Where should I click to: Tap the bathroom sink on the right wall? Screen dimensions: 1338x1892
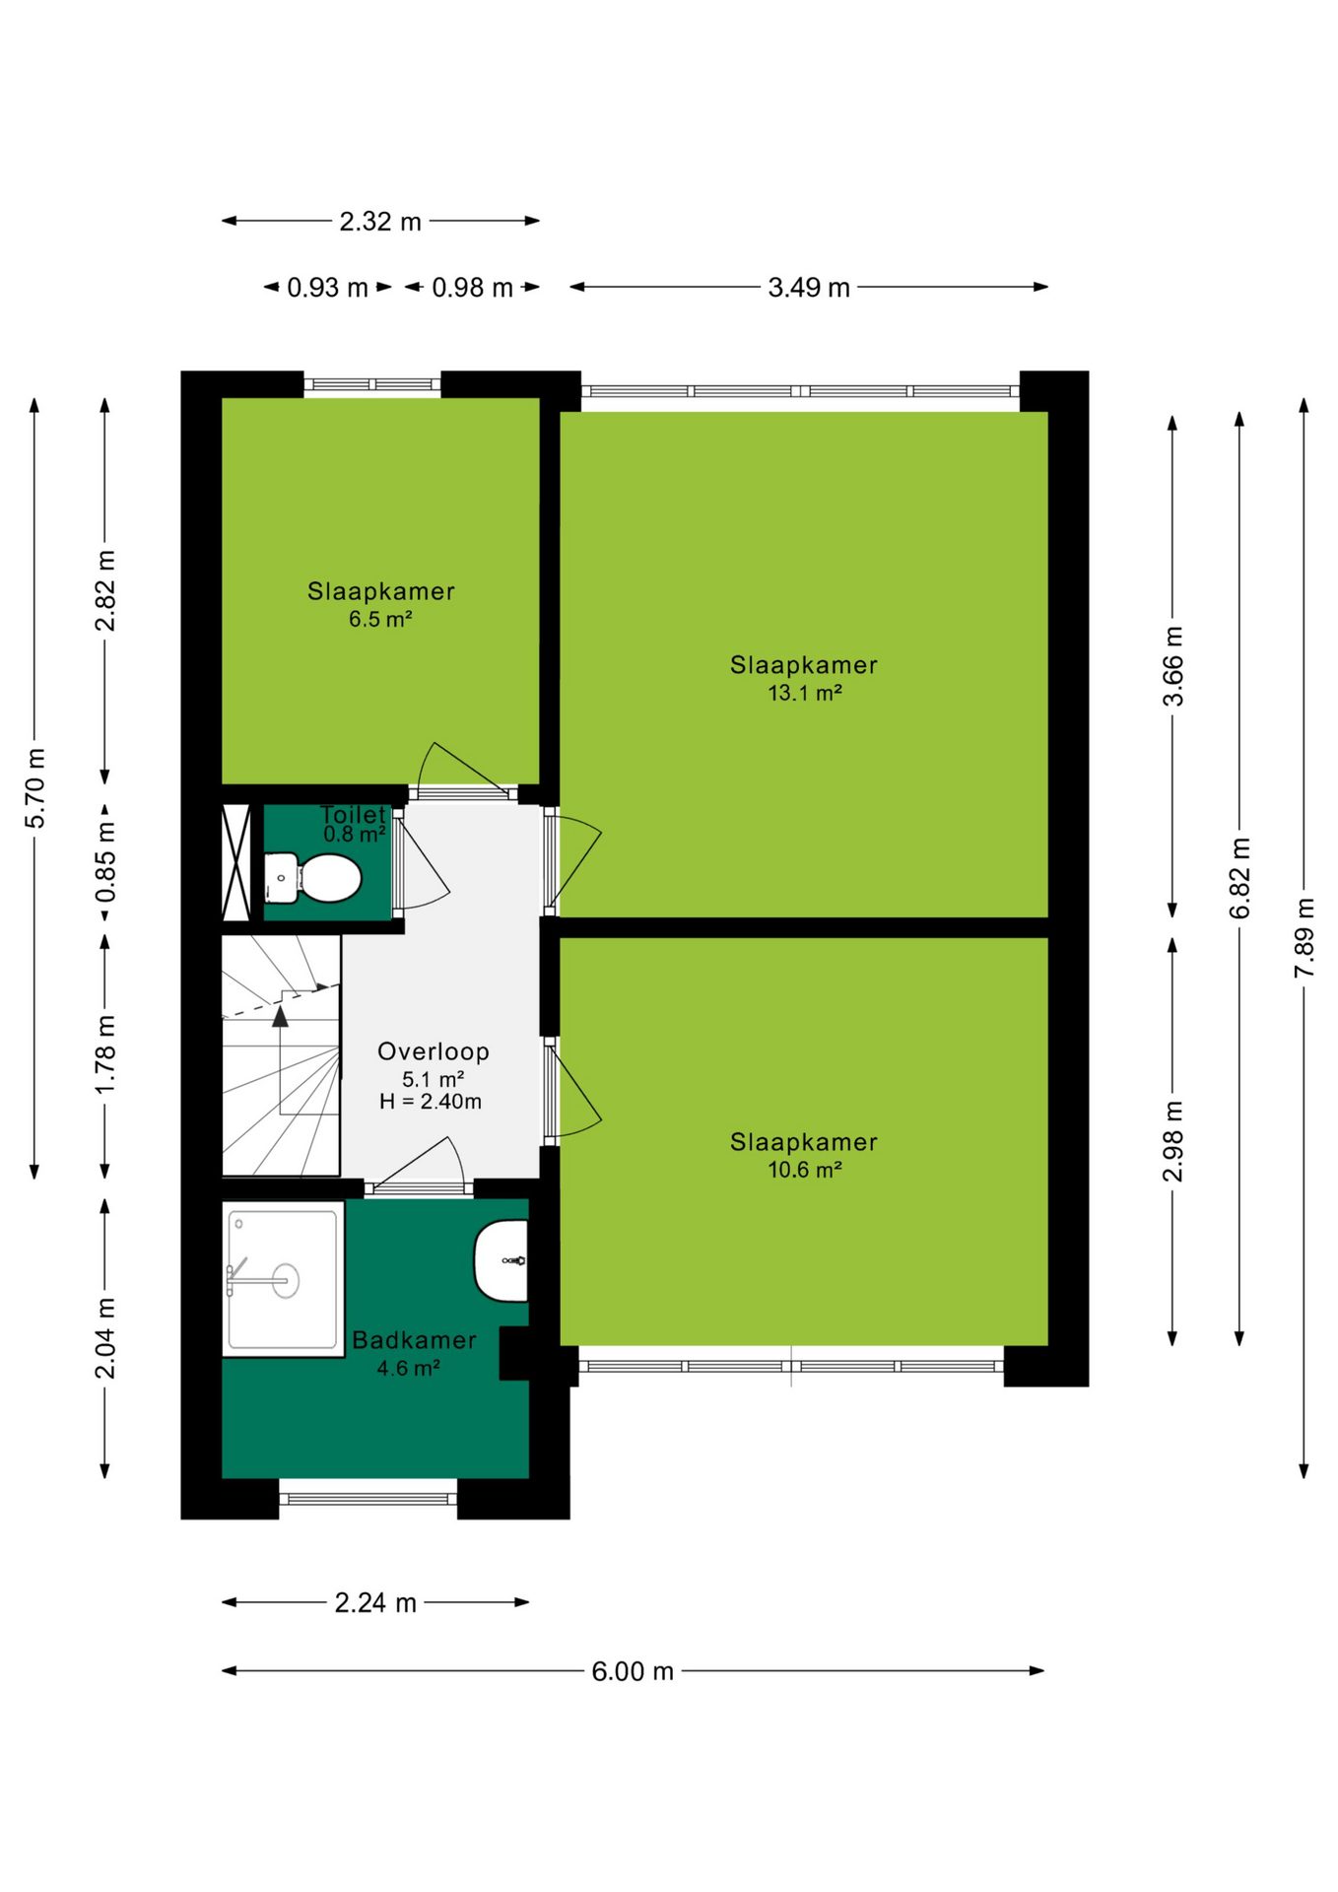click(x=501, y=1260)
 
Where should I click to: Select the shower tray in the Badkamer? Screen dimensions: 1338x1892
click(x=283, y=1279)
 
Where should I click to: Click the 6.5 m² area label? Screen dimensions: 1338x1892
click(x=380, y=620)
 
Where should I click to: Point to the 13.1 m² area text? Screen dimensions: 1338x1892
click(x=805, y=693)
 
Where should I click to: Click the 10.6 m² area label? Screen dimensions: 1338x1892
click(x=805, y=1170)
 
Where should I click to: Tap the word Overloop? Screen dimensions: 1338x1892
click(x=434, y=1051)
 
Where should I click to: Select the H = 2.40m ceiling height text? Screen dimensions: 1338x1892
click(x=431, y=1102)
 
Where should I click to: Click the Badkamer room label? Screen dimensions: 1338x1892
click(x=415, y=1340)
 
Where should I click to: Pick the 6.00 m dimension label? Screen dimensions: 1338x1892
click(x=633, y=1671)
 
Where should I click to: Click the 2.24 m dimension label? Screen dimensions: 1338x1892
click(x=375, y=1602)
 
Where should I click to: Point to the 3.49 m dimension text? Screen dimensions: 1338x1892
click(x=809, y=287)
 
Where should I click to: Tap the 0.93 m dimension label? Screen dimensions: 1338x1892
click(x=327, y=288)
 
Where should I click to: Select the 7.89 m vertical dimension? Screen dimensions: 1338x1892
click(x=1304, y=937)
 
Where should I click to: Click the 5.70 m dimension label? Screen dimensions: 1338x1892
click(x=34, y=788)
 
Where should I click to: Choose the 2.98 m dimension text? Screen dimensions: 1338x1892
click(x=1172, y=1141)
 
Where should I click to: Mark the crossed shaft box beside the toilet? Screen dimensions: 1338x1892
click(x=236, y=862)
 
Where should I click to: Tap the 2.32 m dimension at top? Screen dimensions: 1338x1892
click(x=380, y=222)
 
